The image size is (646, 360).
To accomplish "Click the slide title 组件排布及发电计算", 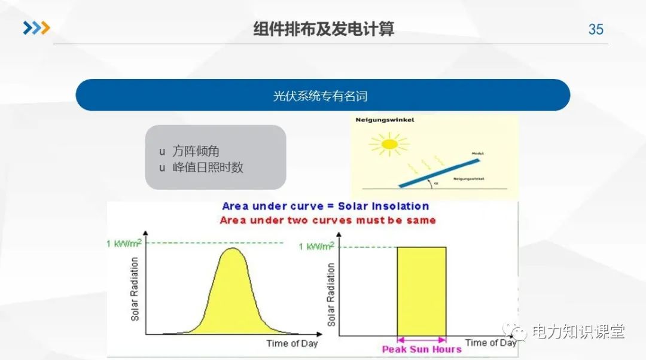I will coord(323,29).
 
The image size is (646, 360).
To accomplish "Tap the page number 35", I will coord(596,29).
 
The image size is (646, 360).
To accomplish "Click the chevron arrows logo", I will coord(36,28).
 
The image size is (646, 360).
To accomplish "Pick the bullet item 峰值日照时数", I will coord(208,167).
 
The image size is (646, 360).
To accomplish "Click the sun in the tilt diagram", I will coord(389,144).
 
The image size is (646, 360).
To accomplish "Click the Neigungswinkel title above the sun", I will coord(385,120).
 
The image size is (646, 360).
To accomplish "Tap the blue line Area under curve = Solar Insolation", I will coord(325,206).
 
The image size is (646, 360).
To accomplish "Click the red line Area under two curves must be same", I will coord(328,220).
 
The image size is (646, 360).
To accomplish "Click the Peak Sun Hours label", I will coord(422,349).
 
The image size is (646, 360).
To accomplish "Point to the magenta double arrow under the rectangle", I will coord(421,339).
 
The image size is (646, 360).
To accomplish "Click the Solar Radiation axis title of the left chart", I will coord(135,289).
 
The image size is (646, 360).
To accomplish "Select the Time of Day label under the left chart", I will coord(292,343).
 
